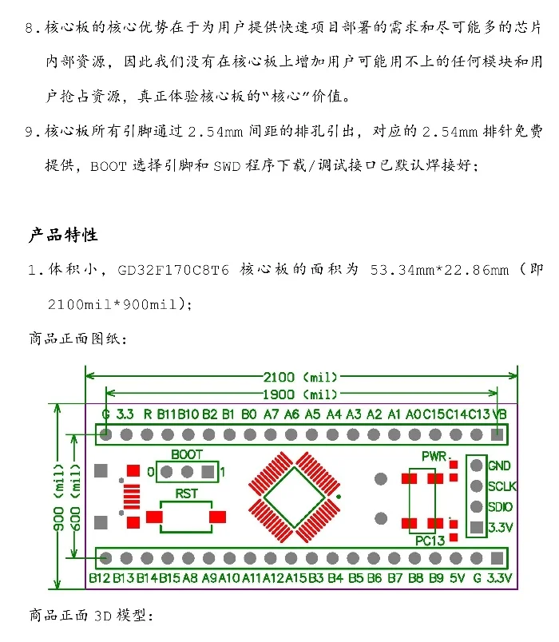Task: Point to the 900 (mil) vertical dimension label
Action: pyautogui.click(x=58, y=497)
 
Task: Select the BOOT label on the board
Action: pyautogui.click(x=187, y=454)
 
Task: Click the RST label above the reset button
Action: pyautogui.click(x=187, y=493)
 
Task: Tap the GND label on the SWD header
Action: pyautogui.click(x=499, y=466)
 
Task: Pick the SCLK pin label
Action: pyautogui.click(x=502, y=486)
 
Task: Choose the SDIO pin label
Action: pyautogui.click(x=501, y=507)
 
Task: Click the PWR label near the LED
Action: pyautogui.click(x=435, y=455)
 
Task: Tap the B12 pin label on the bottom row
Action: pyautogui.click(x=100, y=577)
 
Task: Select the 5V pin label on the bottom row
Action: pyautogui.click(x=456, y=577)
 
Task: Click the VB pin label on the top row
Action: pyautogui.click(x=500, y=414)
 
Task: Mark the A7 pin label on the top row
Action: pyautogui.click(x=271, y=414)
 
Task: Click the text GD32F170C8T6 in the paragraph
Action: pyautogui.click(x=173, y=270)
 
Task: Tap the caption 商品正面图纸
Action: pyautogui.click(x=77, y=338)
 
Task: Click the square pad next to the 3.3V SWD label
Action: pyautogui.click(x=477, y=527)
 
